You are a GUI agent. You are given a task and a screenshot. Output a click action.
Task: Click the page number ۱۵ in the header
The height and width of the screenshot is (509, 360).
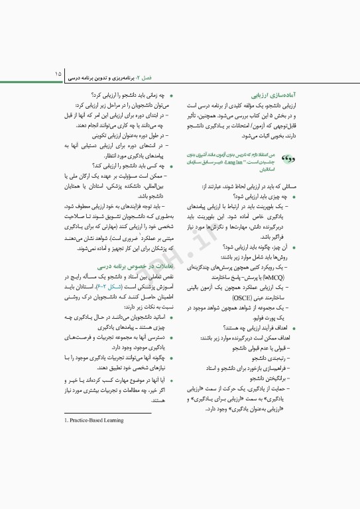coord(58,70)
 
